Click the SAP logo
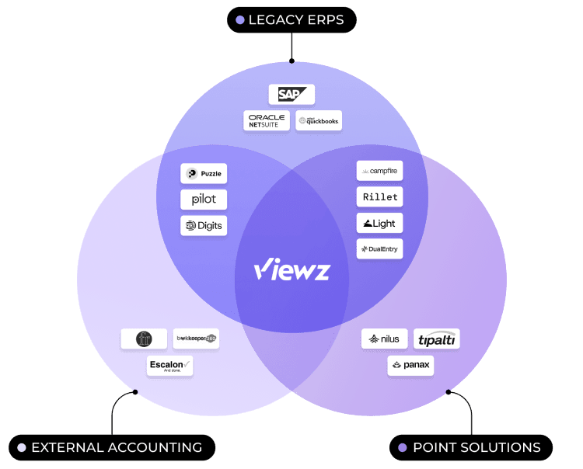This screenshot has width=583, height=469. point(291,95)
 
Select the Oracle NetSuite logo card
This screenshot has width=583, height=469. point(266,120)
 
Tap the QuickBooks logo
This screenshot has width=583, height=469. point(319,120)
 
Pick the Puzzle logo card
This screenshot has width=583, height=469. point(204,174)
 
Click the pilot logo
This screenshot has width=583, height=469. point(204,200)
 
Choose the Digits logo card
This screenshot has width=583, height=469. point(204,226)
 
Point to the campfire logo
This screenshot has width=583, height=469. point(379,171)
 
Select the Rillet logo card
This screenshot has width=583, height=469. point(379,197)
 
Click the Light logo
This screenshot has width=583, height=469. point(379,224)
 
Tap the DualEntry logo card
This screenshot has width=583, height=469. point(379,249)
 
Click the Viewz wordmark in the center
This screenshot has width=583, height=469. point(291,270)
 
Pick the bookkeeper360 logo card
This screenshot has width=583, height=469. point(196,339)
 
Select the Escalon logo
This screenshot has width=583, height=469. point(169,366)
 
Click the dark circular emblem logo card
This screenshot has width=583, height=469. point(144,339)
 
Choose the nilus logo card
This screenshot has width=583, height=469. point(385,339)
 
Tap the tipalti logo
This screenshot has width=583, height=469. point(437,339)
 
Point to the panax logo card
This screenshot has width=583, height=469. point(410,366)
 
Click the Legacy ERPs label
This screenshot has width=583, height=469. point(291,20)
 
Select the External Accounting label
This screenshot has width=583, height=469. point(112,448)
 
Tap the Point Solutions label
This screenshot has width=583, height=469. point(471,448)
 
